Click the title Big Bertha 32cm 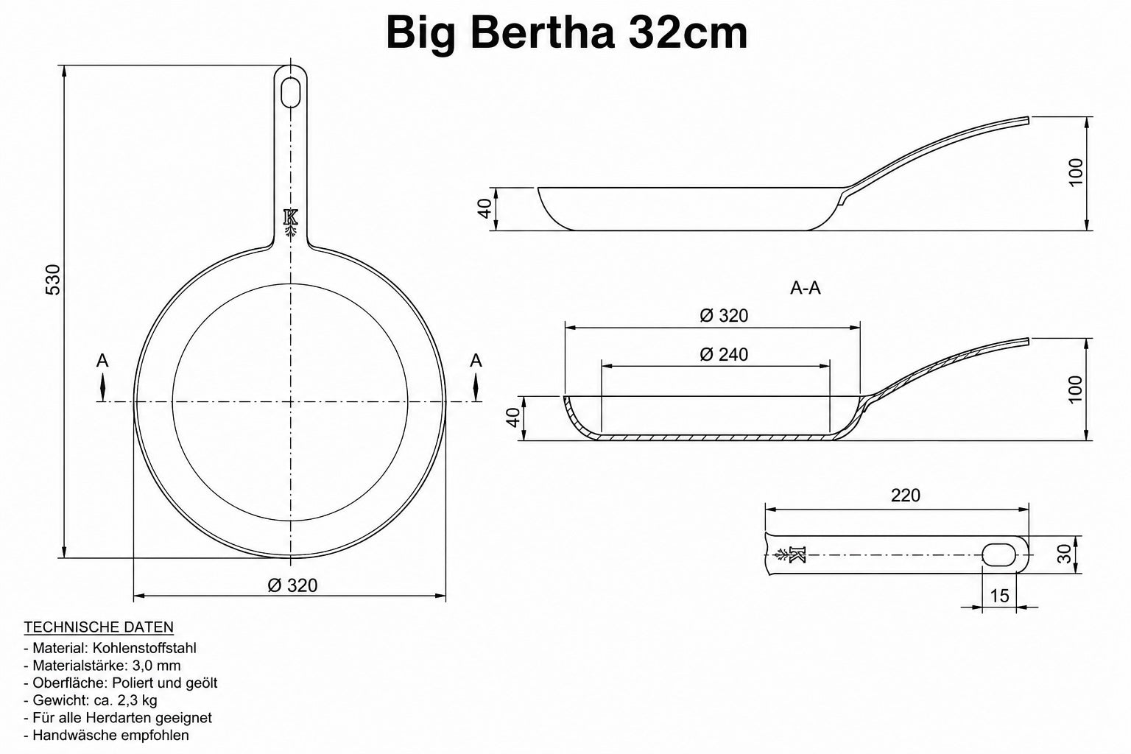point(566,33)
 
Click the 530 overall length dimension point(52,279)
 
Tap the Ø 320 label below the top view point(292,585)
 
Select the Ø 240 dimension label point(724,354)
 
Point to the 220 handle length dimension point(905,496)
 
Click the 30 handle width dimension point(1063,554)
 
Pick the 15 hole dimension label point(999,596)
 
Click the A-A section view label point(806,288)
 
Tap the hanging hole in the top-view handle point(290,92)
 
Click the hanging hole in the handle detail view point(999,554)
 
